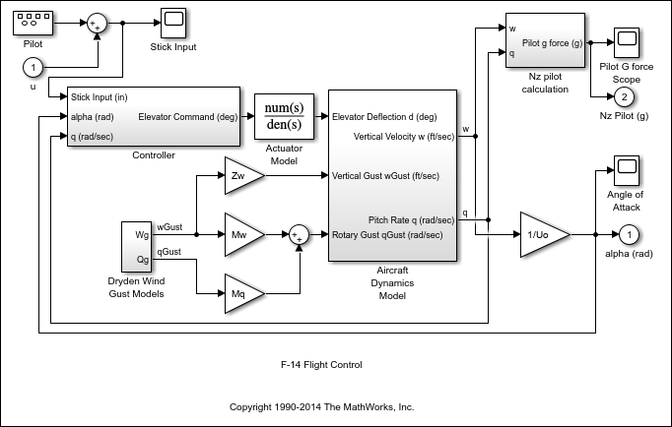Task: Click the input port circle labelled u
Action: tap(33, 68)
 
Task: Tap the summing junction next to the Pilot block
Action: tap(97, 24)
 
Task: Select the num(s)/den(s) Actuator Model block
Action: tap(285, 116)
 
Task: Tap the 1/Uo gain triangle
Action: tap(543, 235)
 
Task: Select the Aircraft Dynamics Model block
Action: tap(392, 176)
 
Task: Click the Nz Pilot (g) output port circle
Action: tap(623, 96)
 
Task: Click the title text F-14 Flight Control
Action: tap(321, 365)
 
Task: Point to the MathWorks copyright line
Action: tap(321, 405)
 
